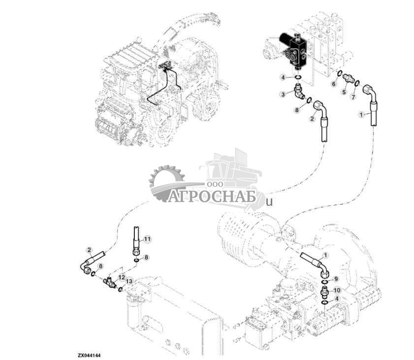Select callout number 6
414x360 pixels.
coord(333,84)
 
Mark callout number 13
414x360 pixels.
coord(129,281)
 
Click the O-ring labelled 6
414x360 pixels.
coord(340,74)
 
